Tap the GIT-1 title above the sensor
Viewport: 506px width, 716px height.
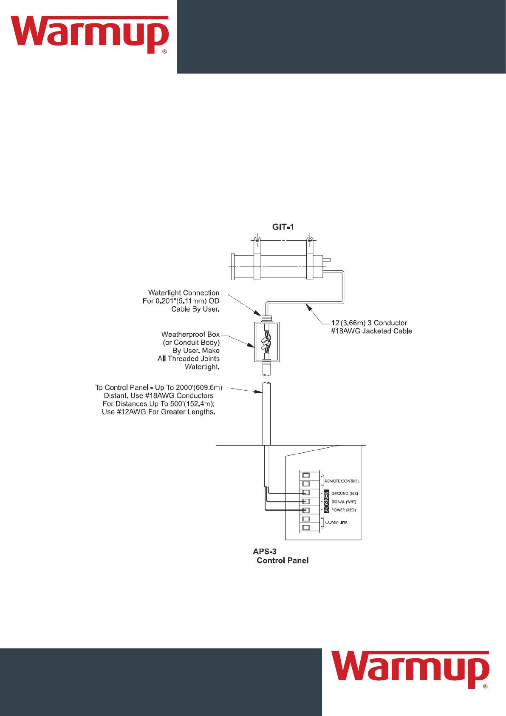tap(283, 227)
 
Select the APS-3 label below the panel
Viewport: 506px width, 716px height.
tap(264, 551)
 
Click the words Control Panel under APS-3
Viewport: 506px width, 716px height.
tap(283, 560)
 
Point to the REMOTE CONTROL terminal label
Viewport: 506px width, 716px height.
tap(342, 481)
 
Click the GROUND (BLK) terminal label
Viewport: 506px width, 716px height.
tap(345, 494)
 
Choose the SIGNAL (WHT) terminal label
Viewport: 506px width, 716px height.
tap(344, 502)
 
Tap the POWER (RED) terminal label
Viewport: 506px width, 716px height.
tap(344, 510)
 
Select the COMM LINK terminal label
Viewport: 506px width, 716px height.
tap(336, 522)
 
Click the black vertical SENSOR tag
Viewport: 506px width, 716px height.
tap(326, 501)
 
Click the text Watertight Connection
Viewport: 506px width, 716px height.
tap(184, 293)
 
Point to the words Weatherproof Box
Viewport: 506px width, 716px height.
tap(190, 334)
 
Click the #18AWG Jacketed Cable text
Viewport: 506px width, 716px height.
tap(371, 331)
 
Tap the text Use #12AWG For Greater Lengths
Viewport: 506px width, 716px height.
tap(158, 412)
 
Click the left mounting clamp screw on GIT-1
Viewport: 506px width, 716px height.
tap(257, 241)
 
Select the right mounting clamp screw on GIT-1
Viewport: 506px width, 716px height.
tap(310, 241)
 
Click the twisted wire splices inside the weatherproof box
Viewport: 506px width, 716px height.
tap(266, 342)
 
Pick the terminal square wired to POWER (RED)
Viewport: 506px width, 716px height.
tap(306, 510)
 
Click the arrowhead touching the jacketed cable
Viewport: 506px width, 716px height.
tap(309, 306)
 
